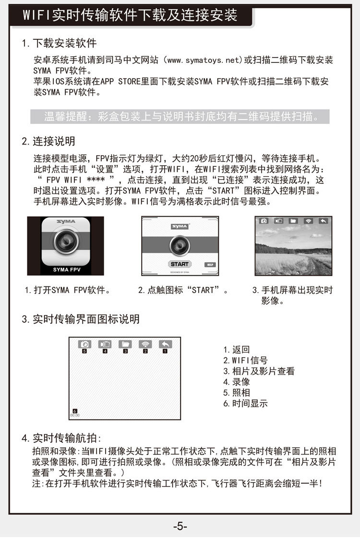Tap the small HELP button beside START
pos(210,264)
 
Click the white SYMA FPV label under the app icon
pos(65,269)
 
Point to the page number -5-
pos(180,526)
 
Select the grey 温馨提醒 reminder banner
pos(180,117)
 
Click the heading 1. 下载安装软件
pos(60,43)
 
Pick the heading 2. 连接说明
pos(48,141)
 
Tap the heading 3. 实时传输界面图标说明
pos(81,319)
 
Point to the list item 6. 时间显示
pos(245,404)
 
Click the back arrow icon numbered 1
pos(165,344)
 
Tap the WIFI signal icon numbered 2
pos(145,344)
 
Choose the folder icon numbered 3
pos(125,344)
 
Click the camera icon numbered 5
pos(84,344)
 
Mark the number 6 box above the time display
pos(75,411)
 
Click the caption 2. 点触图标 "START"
pos(183,291)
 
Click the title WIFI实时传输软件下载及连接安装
pos(130,15)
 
